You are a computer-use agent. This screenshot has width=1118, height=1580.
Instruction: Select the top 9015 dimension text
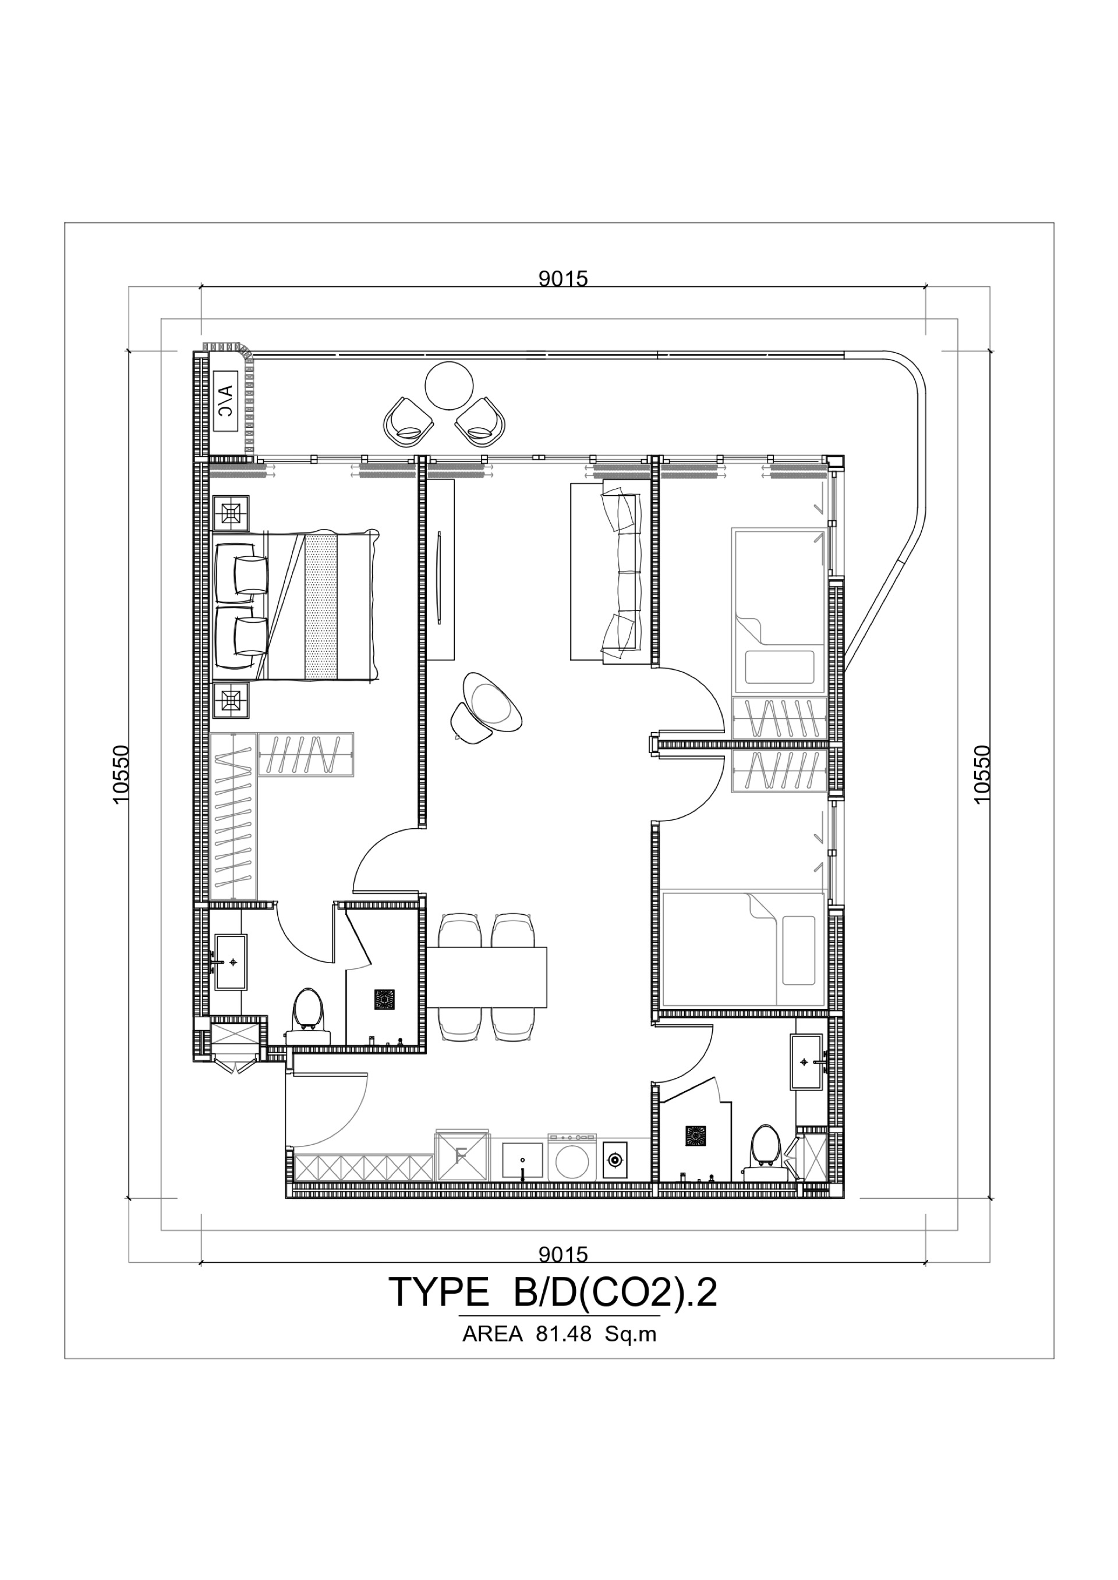563,278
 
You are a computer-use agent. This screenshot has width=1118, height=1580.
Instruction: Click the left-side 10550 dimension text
120,774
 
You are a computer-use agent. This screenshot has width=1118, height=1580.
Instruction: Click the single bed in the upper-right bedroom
779,610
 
